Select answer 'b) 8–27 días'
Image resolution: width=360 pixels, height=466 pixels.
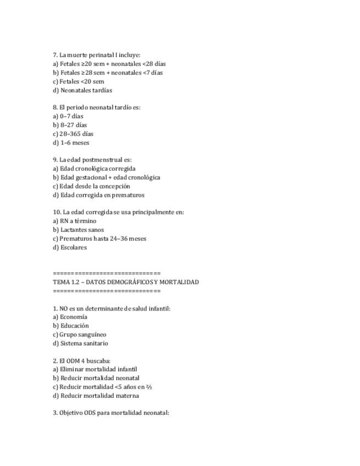point(70,125)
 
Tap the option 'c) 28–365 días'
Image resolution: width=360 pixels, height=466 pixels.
point(73,134)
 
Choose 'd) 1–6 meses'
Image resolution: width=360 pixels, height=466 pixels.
point(71,142)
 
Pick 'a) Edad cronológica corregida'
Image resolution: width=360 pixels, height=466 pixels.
point(94,169)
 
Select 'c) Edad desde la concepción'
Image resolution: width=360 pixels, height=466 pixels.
point(91,186)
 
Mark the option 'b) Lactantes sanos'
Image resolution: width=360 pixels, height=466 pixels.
point(78,230)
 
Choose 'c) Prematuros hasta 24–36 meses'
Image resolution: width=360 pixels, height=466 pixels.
point(99,238)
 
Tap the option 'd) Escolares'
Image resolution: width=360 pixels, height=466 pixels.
point(70,247)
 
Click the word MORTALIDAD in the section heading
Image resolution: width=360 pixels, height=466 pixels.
point(179,282)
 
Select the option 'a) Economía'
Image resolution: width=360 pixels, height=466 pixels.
point(70,317)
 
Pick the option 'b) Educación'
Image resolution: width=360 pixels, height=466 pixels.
point(71,325)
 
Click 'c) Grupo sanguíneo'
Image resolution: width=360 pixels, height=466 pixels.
point(80,334)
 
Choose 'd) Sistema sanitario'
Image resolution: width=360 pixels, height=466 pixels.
point(80,343)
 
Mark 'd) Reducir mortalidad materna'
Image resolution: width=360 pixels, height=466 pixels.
point(96,396)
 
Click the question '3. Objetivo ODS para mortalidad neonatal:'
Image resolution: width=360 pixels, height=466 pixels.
point(111,413)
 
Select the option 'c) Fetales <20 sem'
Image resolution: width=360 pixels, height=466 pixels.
point(79,81)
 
